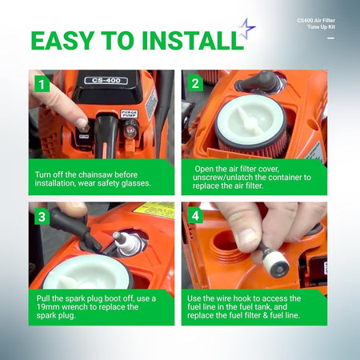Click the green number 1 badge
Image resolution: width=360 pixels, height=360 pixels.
[x=42, y=84]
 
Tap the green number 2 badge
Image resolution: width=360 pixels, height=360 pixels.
[x=195, y=83]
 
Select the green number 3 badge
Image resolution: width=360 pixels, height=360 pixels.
[x=42, y=217]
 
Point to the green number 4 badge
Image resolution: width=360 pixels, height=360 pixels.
[x=195, y=215]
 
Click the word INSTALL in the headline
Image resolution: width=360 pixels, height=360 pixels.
[x=193, y=41]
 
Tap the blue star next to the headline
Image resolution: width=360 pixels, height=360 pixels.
[x=246, y=28]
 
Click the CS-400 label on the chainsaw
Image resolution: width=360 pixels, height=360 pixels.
[x=106, y=80]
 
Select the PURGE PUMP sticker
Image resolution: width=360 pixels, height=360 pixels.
[x=130, y=114]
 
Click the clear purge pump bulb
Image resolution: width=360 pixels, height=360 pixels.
[x=130, y=130]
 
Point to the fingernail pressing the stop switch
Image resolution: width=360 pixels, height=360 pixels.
[x=82, y=122]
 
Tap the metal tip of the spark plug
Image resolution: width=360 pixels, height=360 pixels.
[x=117, y=235]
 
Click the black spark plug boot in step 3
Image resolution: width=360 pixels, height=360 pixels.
[x=74, y=229]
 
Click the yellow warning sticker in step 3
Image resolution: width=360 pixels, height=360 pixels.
[x=155, y=210]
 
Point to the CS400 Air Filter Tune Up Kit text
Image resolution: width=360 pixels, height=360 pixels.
[x=316, y=23]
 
